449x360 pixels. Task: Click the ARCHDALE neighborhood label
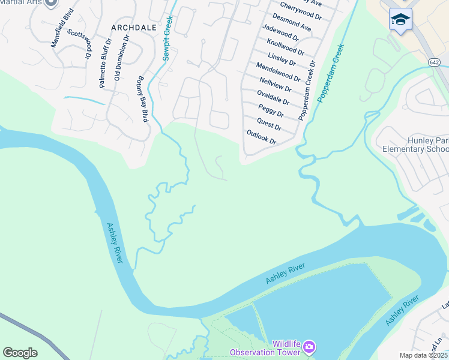[133, 28]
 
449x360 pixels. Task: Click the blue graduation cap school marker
[400, 19]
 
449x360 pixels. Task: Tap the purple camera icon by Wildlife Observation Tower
[309, 346]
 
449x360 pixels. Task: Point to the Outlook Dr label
[261, 137]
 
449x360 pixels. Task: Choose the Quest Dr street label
[269, 124]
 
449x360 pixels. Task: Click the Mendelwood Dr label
[277, 71]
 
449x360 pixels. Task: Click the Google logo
[20, 353]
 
